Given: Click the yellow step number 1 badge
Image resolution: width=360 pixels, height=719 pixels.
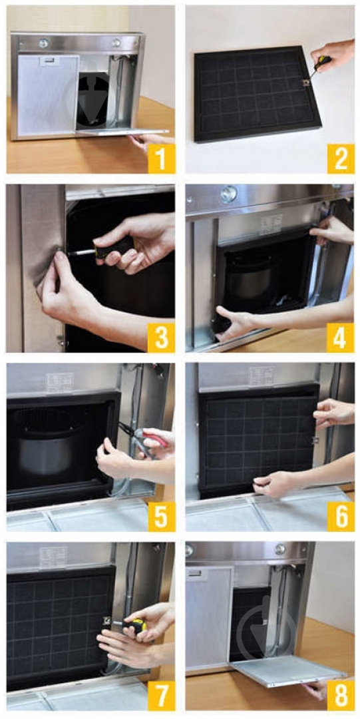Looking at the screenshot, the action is [162, 158].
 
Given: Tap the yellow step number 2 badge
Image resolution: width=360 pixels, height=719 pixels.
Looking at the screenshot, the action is [341, 158].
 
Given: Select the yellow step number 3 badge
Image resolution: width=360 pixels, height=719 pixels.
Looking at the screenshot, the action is [161, 338].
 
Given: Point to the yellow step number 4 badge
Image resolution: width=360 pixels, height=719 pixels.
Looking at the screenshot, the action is [340, 338].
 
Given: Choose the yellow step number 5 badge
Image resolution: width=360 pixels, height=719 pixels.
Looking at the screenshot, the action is [162, 517].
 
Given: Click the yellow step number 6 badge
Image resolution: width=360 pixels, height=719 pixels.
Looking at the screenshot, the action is [341, 517].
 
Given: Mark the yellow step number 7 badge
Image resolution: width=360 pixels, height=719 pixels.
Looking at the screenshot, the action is [162, 696].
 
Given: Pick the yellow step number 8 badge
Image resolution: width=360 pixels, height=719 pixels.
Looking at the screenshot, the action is [341, 696].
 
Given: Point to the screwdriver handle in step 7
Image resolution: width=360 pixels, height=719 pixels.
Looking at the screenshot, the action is [134, 626].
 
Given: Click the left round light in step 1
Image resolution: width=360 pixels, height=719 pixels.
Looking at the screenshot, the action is [44, 43].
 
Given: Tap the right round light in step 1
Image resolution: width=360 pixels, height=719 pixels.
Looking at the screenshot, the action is [116, 43].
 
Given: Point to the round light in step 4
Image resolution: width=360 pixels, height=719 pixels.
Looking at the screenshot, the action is [228, 194].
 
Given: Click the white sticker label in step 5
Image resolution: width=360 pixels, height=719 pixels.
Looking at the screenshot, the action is [60, 381].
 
